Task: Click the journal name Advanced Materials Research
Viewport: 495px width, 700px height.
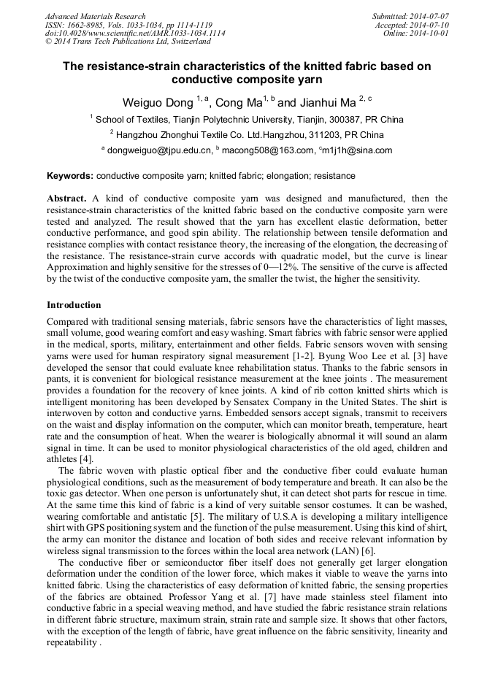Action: pyautogui.click(x=96, y=16)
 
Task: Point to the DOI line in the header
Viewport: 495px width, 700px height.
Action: pyautogui.click(x=135, y=34)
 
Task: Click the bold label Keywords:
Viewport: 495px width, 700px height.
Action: pyautogui.click(x=70, y=176)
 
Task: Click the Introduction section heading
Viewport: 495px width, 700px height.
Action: pyautogui.click(x=74, y=304)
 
